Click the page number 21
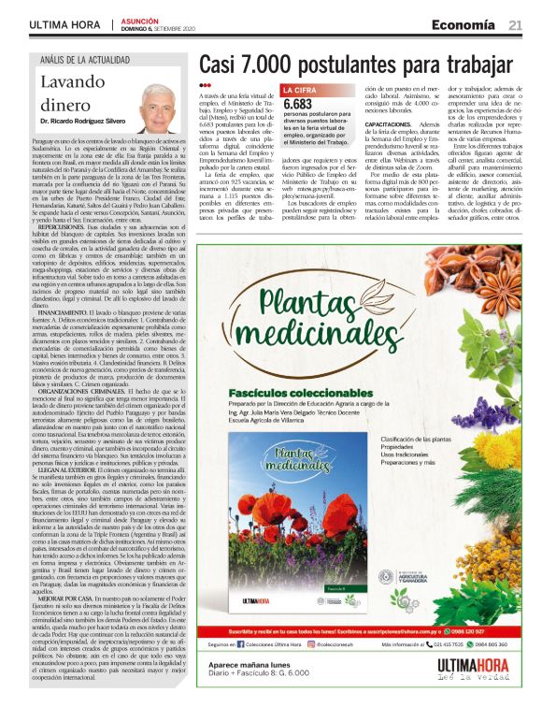[515, 24]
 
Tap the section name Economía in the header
[464, 24]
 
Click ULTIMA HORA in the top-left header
[64, 24]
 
